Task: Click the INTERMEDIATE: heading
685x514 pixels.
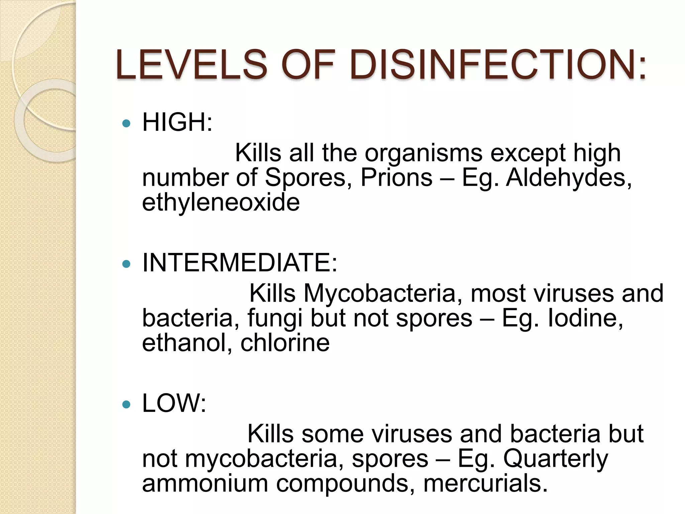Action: pos(239,263)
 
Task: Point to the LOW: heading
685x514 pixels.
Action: pos(174,404)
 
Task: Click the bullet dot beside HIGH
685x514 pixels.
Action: pos(126,124)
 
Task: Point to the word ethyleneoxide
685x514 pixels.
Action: pos(221,203)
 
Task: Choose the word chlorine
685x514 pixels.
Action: pos(285,343)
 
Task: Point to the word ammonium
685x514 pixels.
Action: pos(205,484)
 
